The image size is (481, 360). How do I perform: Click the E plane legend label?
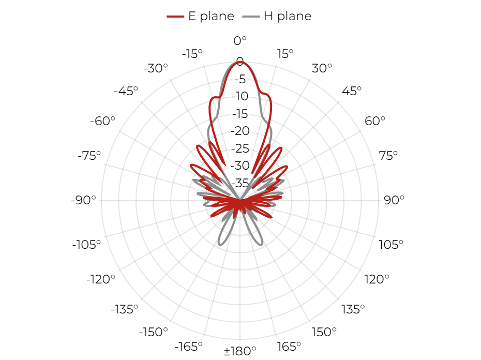click(211, 16)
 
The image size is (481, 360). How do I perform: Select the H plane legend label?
click(288, 16)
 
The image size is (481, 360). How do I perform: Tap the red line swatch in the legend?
click(175, 16)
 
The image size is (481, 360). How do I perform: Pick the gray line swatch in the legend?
click(251, 16)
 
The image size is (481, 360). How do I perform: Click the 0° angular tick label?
click(240, 40)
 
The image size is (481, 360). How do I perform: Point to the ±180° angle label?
click(240, 351)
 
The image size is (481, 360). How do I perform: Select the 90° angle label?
click(394, 200)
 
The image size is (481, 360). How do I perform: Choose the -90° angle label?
click(83, 200)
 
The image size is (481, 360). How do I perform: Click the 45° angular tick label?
click(352, 91)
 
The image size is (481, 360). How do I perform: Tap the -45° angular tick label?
click(126, 91)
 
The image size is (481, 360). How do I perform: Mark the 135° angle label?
click(353, 309)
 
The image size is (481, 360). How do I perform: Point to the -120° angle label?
click(101, 279)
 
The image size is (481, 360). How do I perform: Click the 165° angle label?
click(289, 347)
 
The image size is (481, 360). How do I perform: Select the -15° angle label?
click(192, 54)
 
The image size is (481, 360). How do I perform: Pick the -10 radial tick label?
click(240, 96)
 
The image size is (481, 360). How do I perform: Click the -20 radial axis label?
click(240, 131)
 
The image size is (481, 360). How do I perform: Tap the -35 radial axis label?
click(240, 183)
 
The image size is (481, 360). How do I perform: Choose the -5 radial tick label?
click(240, 79)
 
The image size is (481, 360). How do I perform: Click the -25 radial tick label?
click(240, 148)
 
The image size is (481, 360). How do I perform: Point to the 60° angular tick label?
click(374, 121)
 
